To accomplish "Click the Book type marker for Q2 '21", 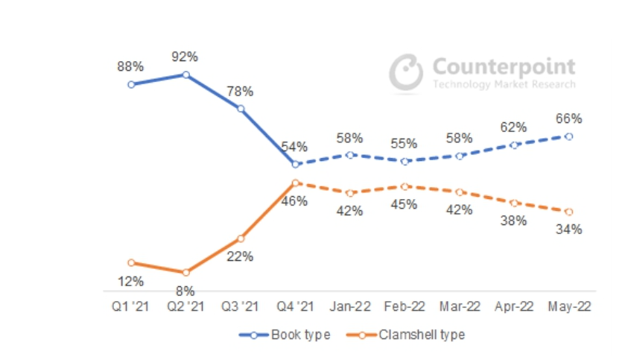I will tap(185, 75).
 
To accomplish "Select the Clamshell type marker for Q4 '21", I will tap(296, 183).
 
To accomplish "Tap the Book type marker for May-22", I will tap(569, 136).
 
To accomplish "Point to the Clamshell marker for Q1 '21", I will tap(131, 262).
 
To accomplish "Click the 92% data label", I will tap(186, 56).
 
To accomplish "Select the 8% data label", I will tap(185, 291).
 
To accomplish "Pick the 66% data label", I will tap(569, 119).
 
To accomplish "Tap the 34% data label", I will tap(569, 230).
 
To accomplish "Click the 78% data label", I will tap(241, 91).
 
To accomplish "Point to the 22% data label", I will tap(241, 256).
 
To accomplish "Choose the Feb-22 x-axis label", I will tap(405, 307).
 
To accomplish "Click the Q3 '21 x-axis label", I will tap(241, 307).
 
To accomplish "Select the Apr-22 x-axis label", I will tap(515, 307).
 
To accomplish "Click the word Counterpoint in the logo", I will tap(504, 66).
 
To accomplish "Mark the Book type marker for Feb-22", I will tap(405, 161).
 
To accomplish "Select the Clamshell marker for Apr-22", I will tap(515, 203).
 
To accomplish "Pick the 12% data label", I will tap(131, 282).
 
